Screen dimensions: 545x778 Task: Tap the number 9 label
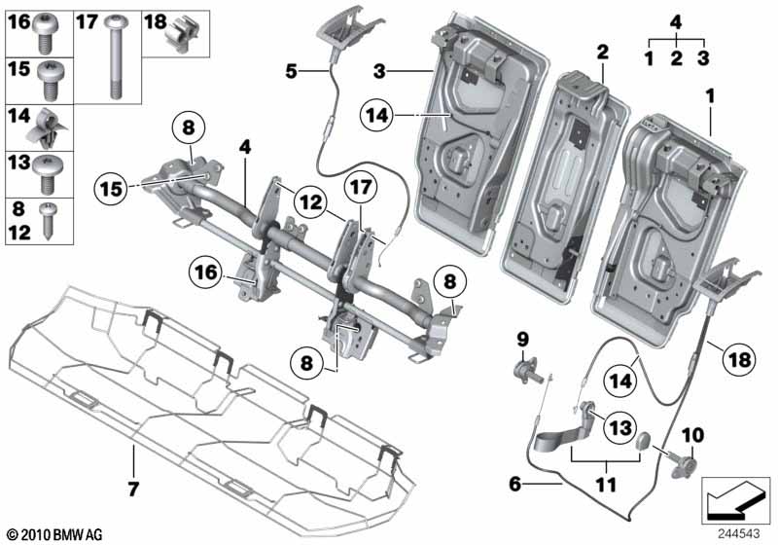(x=521, y=340)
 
